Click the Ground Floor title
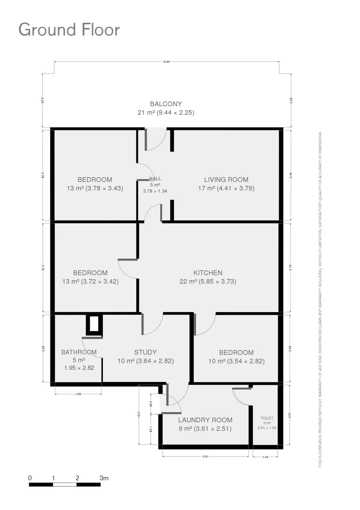pyautogui.click(x=69, y=29)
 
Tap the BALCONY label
pyautogui.click(x=166, y=104)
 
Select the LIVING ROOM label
pyautogui.click(x=226, y=179)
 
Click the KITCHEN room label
pyautogui.click(x=208, y=272)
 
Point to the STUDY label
pyautogui.click(x=145, y=352)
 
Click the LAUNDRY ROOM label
pyautogui.click(x=205, y=420)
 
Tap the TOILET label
pyautogui.click(x=267, y=418)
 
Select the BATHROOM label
pyautogui.click(x=79, y=352)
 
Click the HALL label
pyautogui.click(x=155, y=178)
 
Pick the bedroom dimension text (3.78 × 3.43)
pyautogui.click(x=95, y=188)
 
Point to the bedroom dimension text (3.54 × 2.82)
pyautogui.click(x=236, y=361)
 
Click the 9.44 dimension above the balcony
pyautogui.click(x=167, y=62)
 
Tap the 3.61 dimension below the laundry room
pyautogui.click(x=205, y=457)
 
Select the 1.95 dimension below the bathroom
pyautogui.click(x=78, y=394)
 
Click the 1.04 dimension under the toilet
pyautogui.click(x=265, y=457)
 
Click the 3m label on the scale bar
pyautogui.click(x=104, y=478)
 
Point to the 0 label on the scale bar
pyautogui.click(x=30, y=478)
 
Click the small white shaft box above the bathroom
pyautogui.click(x=94, y=324)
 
